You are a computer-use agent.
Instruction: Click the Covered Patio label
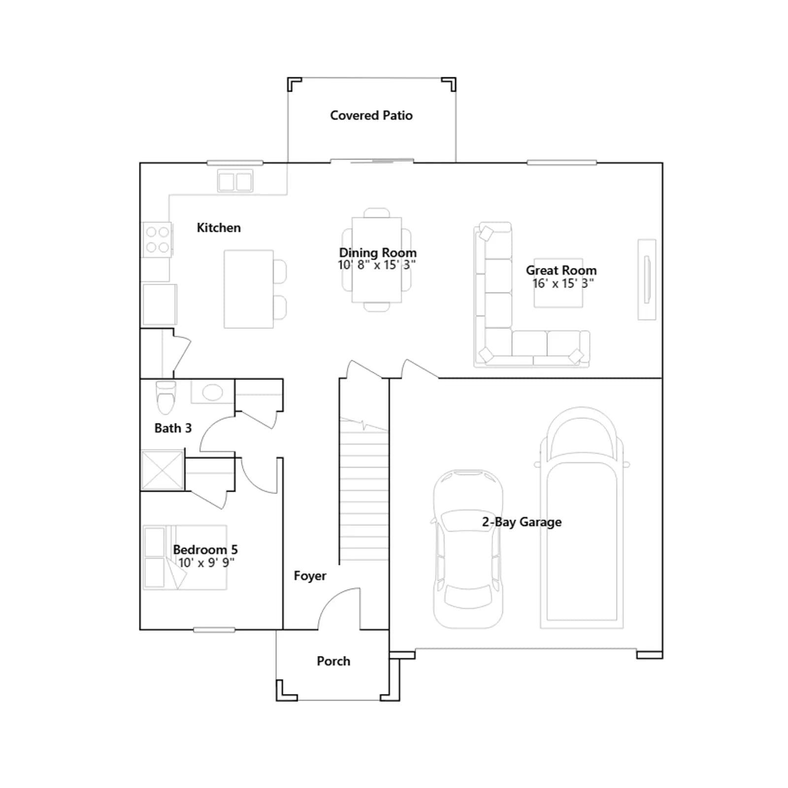point(371,116)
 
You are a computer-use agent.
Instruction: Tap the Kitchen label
point(219,228)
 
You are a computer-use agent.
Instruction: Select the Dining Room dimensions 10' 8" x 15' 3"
point(377,265)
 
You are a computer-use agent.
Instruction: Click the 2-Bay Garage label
point(522,522)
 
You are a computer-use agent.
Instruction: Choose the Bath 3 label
point(173,428)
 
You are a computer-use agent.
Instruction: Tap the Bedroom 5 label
point(205,550)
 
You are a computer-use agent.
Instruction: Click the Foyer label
point(310,576)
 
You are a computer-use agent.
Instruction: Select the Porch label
point(333,661)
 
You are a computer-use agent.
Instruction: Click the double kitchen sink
point(235,181)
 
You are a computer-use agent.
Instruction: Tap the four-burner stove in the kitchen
point(158,240)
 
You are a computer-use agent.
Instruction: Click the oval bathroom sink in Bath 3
point(212,393)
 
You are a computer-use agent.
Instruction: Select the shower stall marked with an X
point(163,470)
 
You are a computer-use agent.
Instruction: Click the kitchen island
point(249,289)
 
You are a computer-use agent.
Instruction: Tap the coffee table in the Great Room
point(558,283)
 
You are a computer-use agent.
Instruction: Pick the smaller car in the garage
point(468,549)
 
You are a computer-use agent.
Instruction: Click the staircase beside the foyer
point(364,490)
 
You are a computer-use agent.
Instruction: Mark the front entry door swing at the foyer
point(340,609)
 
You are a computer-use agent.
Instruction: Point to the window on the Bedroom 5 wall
point(214,630)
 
